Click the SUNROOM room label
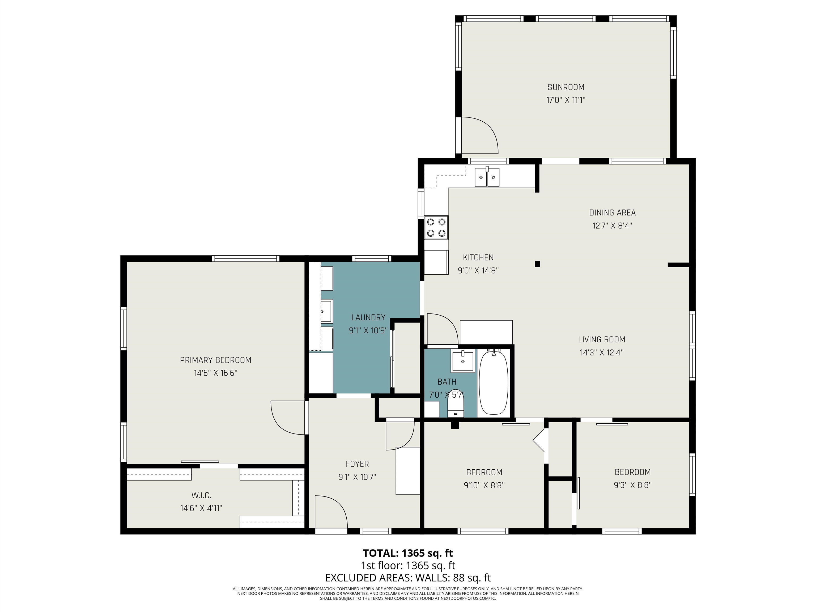click(566, 87)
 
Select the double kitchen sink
click(487, 177)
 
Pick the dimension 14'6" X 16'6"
click(215, 373)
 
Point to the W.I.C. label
click(201, 495)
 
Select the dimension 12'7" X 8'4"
click(612, 226)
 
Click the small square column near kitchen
click(537, 264)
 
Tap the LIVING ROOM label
click(601, 339)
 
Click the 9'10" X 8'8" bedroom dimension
click(484, 485)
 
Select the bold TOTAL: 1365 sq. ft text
click(408, 553)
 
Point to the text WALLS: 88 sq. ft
click(453, 578)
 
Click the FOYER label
click(357, 464)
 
